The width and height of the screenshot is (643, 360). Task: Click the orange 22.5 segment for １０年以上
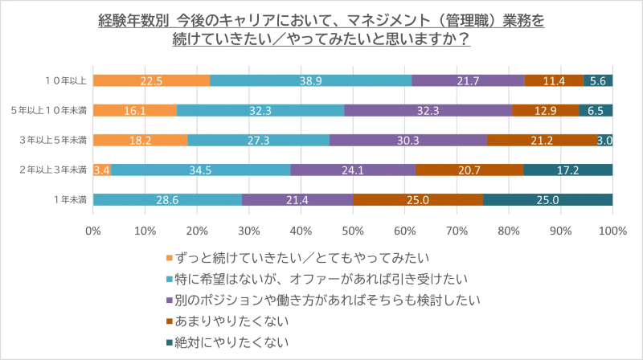tap(151, 80)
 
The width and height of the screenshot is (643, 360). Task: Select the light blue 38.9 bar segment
tap(310, 80)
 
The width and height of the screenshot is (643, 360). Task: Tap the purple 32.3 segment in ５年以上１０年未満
tap(428, 110)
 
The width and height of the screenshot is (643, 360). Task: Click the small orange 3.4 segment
tap(102, 170)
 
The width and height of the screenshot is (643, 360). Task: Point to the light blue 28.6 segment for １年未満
tap(167, 199)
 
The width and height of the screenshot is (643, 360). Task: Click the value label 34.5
tap(200, 170)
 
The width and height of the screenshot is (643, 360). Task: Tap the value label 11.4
tap(554, 80)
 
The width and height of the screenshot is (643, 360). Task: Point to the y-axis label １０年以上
tap(65, 80)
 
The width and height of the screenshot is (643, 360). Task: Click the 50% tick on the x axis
tap(353, 231)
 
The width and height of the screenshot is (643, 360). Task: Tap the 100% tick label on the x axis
tap(612, 231)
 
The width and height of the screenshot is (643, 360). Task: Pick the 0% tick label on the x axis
tap(93, 231)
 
